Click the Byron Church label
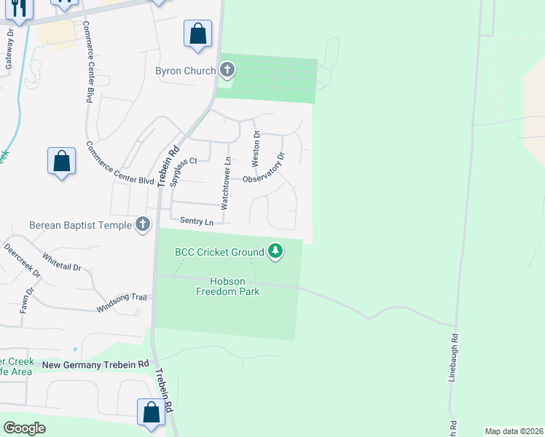pos(185,71)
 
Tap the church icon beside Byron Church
pos(227,71)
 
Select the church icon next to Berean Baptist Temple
pos(143,224)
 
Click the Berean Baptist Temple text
pos(80,225)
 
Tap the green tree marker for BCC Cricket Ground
pos(275,252)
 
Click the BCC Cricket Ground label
pos(219,252)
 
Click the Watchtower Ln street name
pos(227,184)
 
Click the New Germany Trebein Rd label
pos(95,364)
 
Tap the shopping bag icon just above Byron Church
pos(197,34)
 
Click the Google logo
pos(24,428)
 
